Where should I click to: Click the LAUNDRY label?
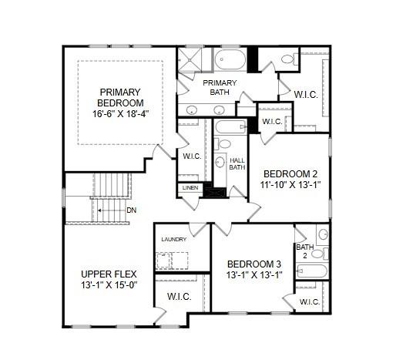point(173,240)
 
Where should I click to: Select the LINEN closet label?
point(190,187)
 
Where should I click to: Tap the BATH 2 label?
point(304,251)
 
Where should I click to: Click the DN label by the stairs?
point(131,210)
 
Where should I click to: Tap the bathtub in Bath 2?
point(312,271)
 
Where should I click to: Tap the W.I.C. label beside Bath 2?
point(310,301)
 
